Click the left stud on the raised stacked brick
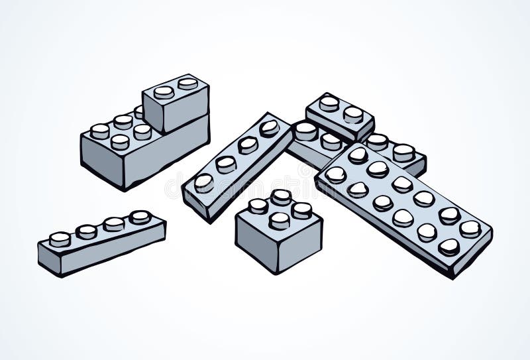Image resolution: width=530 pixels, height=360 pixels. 164,91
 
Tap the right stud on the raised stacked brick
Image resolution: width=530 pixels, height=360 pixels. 187,84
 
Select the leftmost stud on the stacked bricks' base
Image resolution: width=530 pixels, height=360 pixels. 100,131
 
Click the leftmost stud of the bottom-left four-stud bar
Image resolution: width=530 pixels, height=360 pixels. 60,239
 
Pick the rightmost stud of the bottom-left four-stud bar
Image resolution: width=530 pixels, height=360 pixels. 140,217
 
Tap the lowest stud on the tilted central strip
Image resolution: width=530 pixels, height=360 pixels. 203,182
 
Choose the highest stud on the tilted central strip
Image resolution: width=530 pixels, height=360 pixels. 269,128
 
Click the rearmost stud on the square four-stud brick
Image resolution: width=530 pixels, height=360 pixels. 281,196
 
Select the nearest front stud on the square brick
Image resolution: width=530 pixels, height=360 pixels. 279,220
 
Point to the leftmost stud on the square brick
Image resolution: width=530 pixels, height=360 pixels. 258,206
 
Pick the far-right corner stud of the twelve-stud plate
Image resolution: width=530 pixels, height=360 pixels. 470,229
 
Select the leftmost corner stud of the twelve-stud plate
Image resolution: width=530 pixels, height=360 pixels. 335,174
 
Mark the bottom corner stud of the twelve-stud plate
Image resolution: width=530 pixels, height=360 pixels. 449,247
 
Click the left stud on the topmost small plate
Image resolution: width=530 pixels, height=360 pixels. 329,103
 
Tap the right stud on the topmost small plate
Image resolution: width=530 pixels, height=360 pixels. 353,114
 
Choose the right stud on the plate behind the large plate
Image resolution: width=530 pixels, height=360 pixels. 403,152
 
